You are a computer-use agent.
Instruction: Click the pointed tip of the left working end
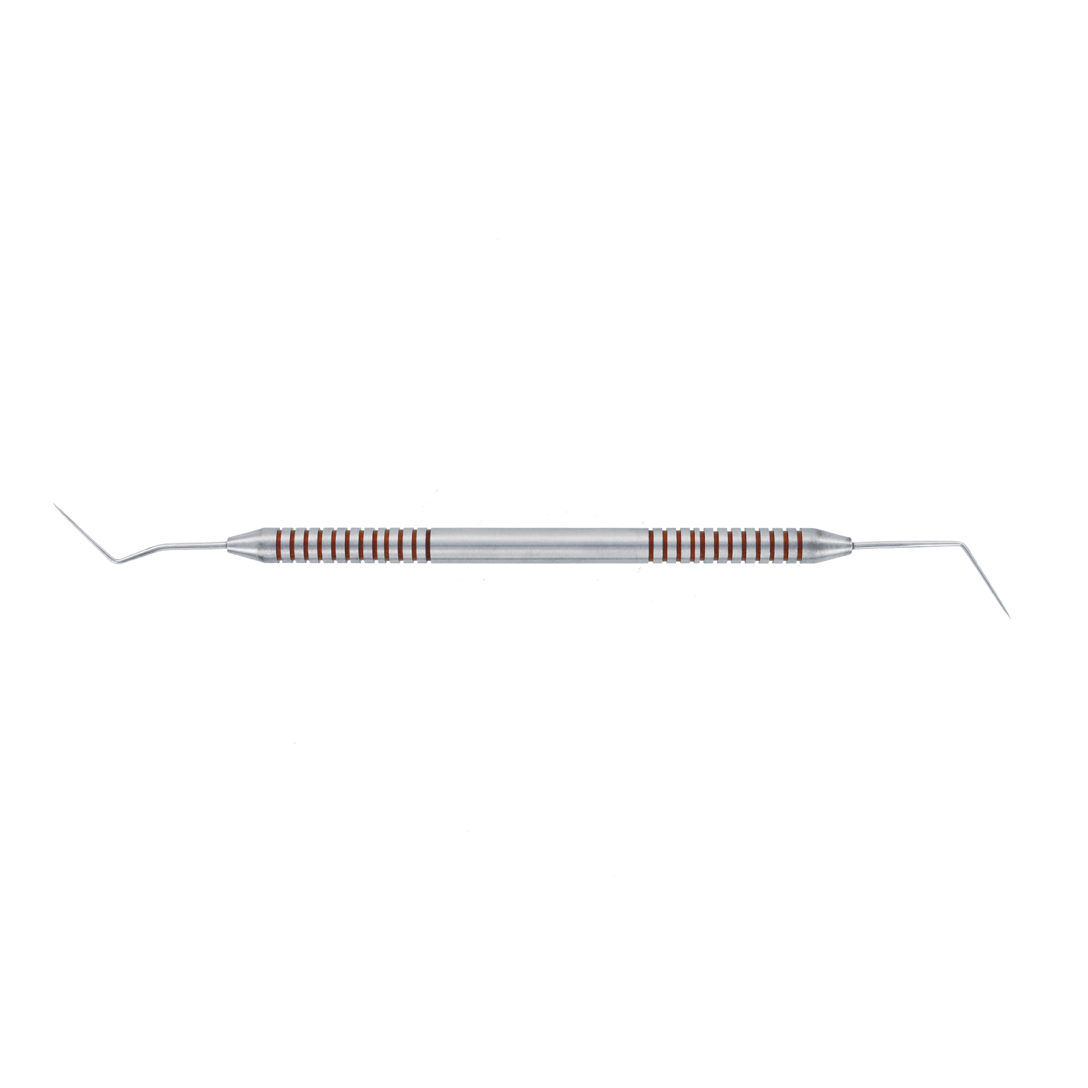[54, 504]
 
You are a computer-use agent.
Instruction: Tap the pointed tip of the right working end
[1010, 617]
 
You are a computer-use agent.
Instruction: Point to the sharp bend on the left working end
[114, 565]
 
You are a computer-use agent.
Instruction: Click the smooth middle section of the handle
[538, 545]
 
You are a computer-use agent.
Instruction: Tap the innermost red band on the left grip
[428, 543]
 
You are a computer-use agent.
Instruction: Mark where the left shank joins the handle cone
[226, 543]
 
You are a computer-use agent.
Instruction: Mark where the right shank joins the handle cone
[851, 543]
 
